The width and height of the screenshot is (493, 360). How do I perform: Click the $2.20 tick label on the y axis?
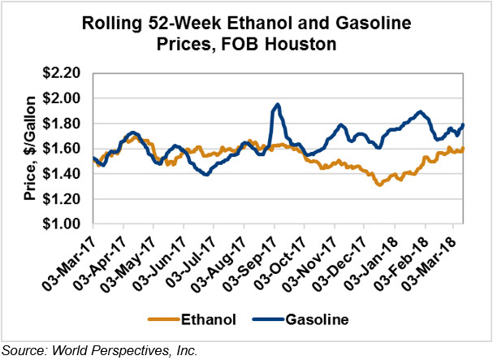pyautogui.click(x=63, y=73)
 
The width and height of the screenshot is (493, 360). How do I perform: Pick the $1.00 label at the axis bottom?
pyautogui.click(x=63, y=223)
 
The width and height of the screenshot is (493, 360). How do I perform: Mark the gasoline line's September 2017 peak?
pyautogui.click(x=278, y=104)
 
